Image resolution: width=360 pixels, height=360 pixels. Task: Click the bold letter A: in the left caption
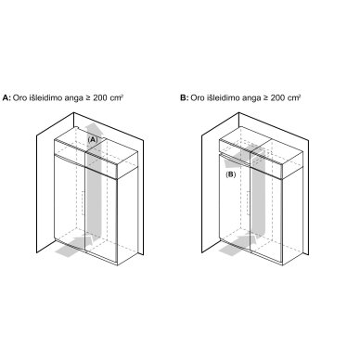tap(6, 98)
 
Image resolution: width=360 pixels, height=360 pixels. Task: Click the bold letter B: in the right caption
tap(185, 98)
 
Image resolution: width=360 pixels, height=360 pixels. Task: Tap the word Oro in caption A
tap(19, 98)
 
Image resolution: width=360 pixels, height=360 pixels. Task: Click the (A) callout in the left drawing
tap(93, 139)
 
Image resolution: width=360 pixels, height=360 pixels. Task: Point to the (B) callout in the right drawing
tap(230, 174)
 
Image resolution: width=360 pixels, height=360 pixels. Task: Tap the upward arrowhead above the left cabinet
tap(94, 128)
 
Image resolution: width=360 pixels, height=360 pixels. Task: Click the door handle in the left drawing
tap(83, 203)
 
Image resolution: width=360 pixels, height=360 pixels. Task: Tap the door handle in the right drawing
tap(248, 203)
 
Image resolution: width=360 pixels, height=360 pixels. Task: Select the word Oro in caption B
tap(198, 98)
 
